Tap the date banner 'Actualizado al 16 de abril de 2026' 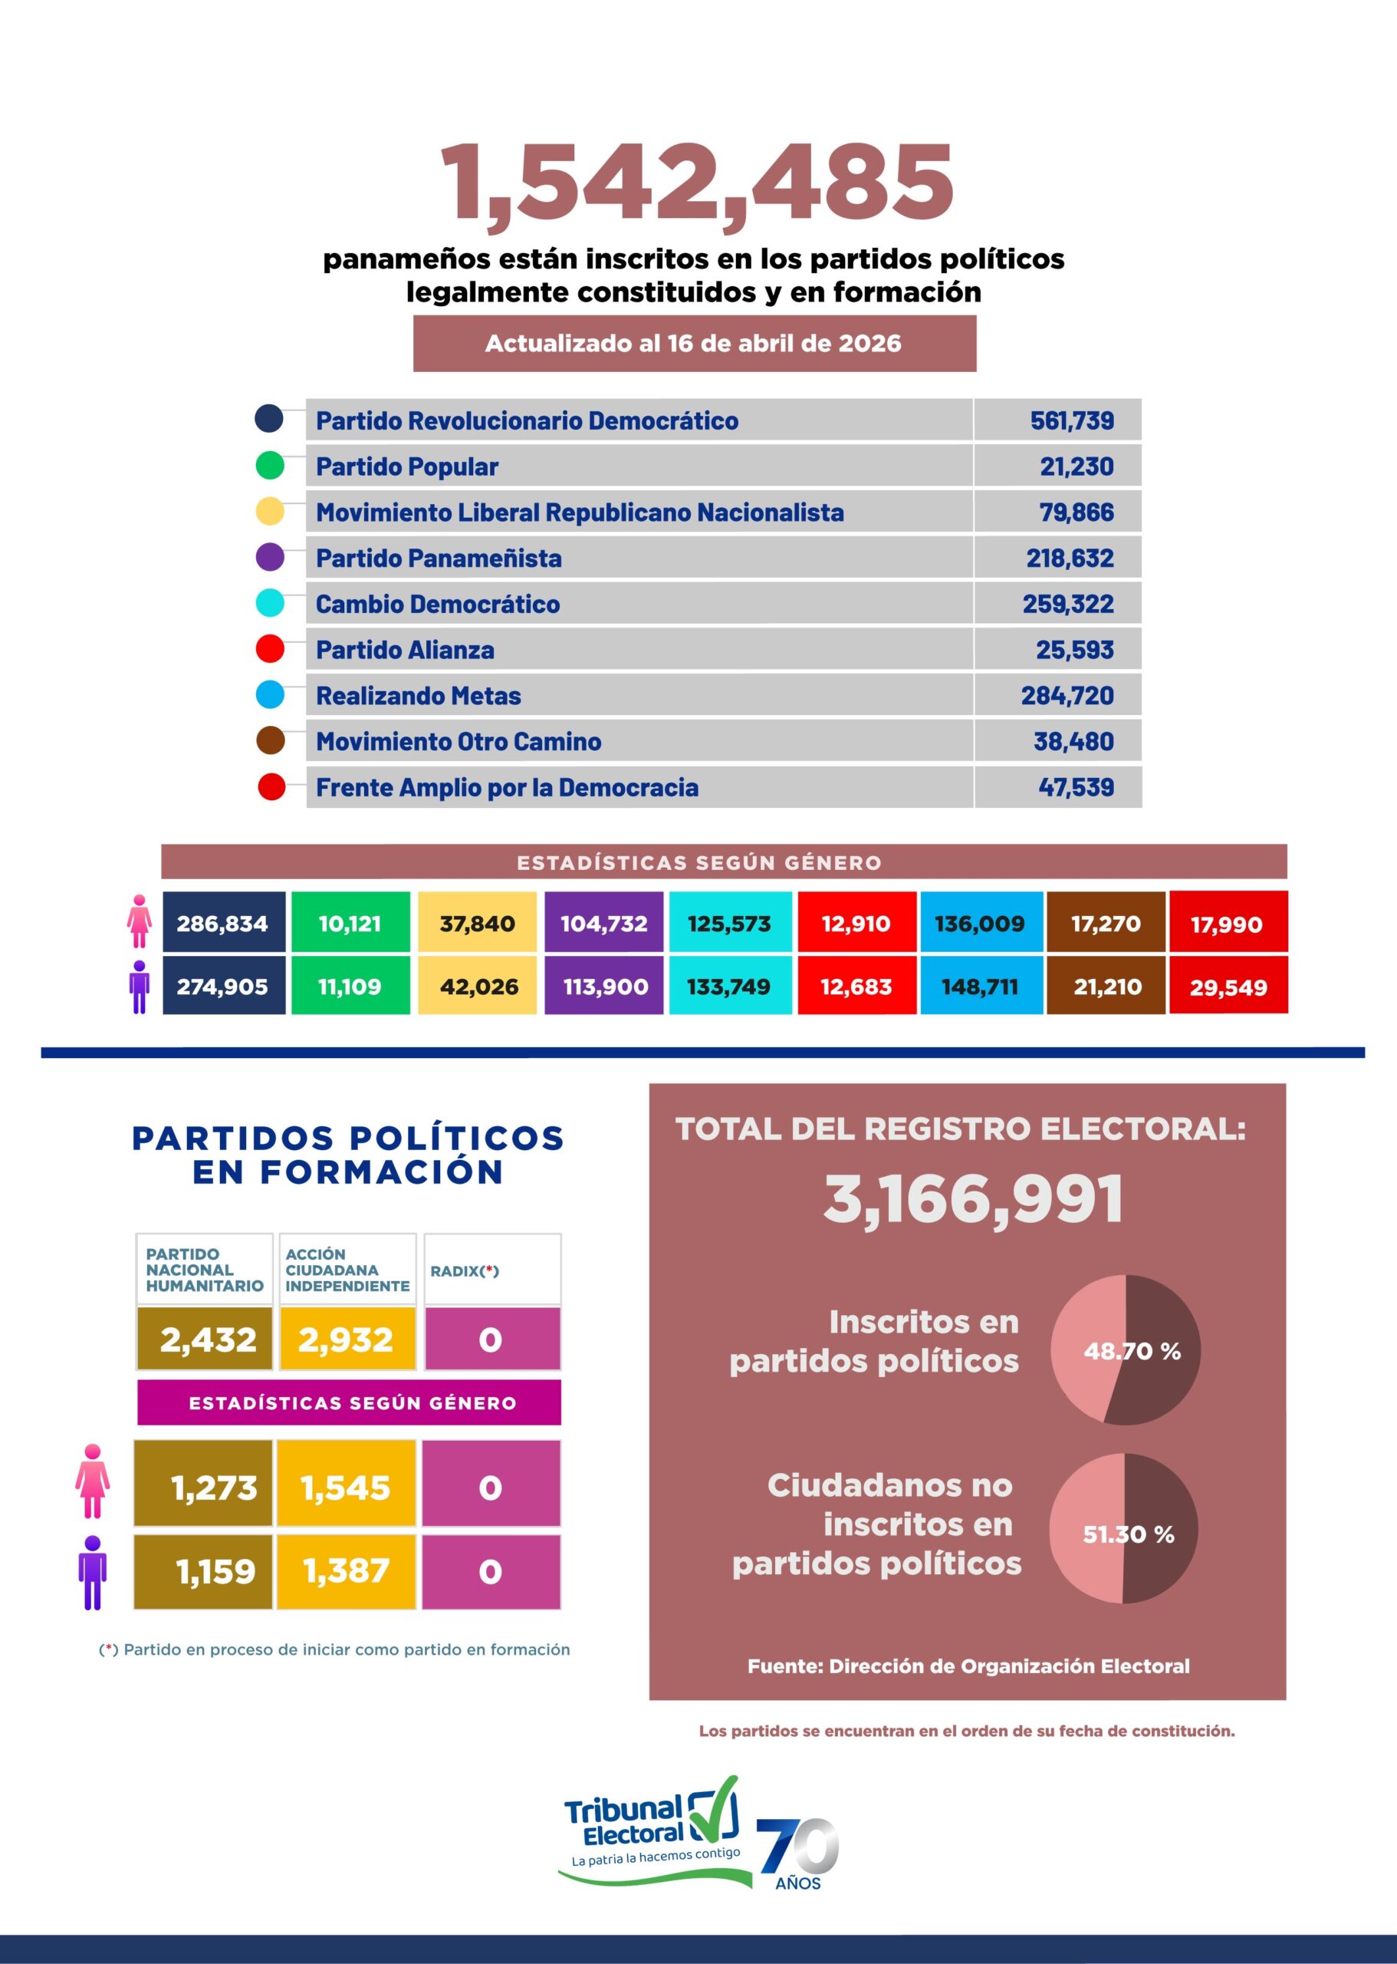tap(693, 344)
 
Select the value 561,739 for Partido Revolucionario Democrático tap(1071, 421)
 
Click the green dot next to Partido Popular tap(270, 466)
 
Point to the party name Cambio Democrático tap(437, 605)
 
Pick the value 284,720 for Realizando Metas tap(1067, 695)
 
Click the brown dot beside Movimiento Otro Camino tap(270, 741)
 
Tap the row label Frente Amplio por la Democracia tap(507, 787)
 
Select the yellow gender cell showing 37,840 tap(477, 924)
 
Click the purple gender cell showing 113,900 tap(605, 987)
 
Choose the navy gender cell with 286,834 tap(223, 924)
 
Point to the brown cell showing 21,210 tap(1107, 987)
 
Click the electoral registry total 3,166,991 tap(973, 1199)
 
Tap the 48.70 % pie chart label tap(1131, 1351)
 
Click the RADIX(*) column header tap(465, 1271)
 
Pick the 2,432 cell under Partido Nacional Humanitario tap(207, 1340)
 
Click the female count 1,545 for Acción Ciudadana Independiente tap(345, 1488)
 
